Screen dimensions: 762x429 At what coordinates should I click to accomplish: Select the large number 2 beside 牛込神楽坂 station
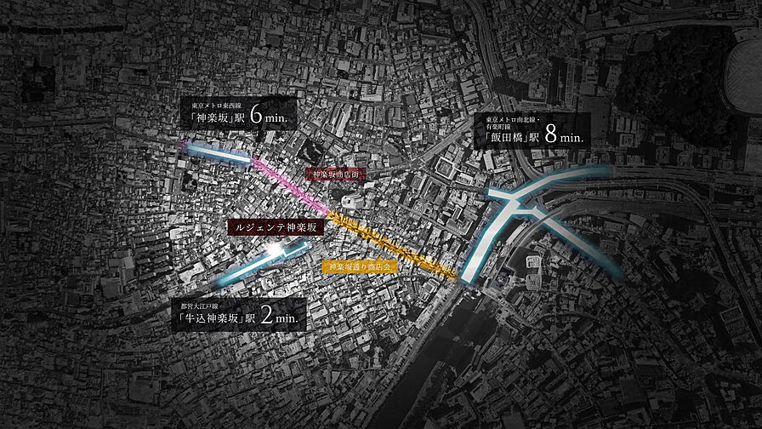pyautogui.click(x=267, y=317)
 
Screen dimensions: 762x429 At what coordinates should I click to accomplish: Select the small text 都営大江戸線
pyautogui.click(x=199, y=304)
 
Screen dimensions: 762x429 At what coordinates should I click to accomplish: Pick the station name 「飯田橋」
pyautogui.click(x=506, y=136)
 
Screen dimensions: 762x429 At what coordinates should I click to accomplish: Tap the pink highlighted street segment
pyautogui.click(x=293, y=184)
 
